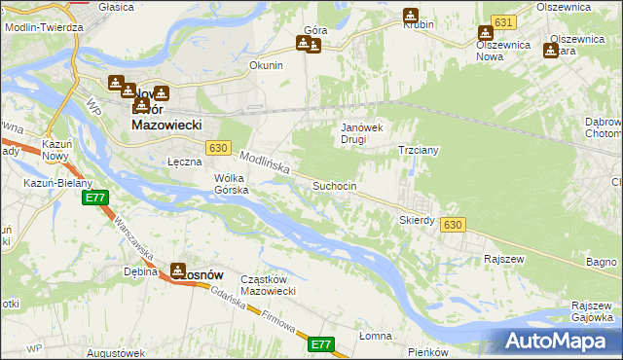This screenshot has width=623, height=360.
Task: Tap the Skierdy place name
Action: click(x=417, y=220)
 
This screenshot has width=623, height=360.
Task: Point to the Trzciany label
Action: click(x=420, y=151)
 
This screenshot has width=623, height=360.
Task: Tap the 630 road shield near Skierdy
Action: click(x=451, y=225)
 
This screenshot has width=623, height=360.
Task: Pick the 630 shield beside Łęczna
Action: click(x=218, y=148)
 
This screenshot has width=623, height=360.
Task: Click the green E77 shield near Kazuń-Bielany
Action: click(x=94, y=198)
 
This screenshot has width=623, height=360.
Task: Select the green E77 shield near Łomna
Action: click(x=322, y=344)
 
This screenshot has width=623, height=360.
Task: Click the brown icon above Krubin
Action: click(x=411, y=16)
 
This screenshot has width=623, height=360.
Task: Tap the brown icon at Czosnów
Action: click(x=180, y=270)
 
